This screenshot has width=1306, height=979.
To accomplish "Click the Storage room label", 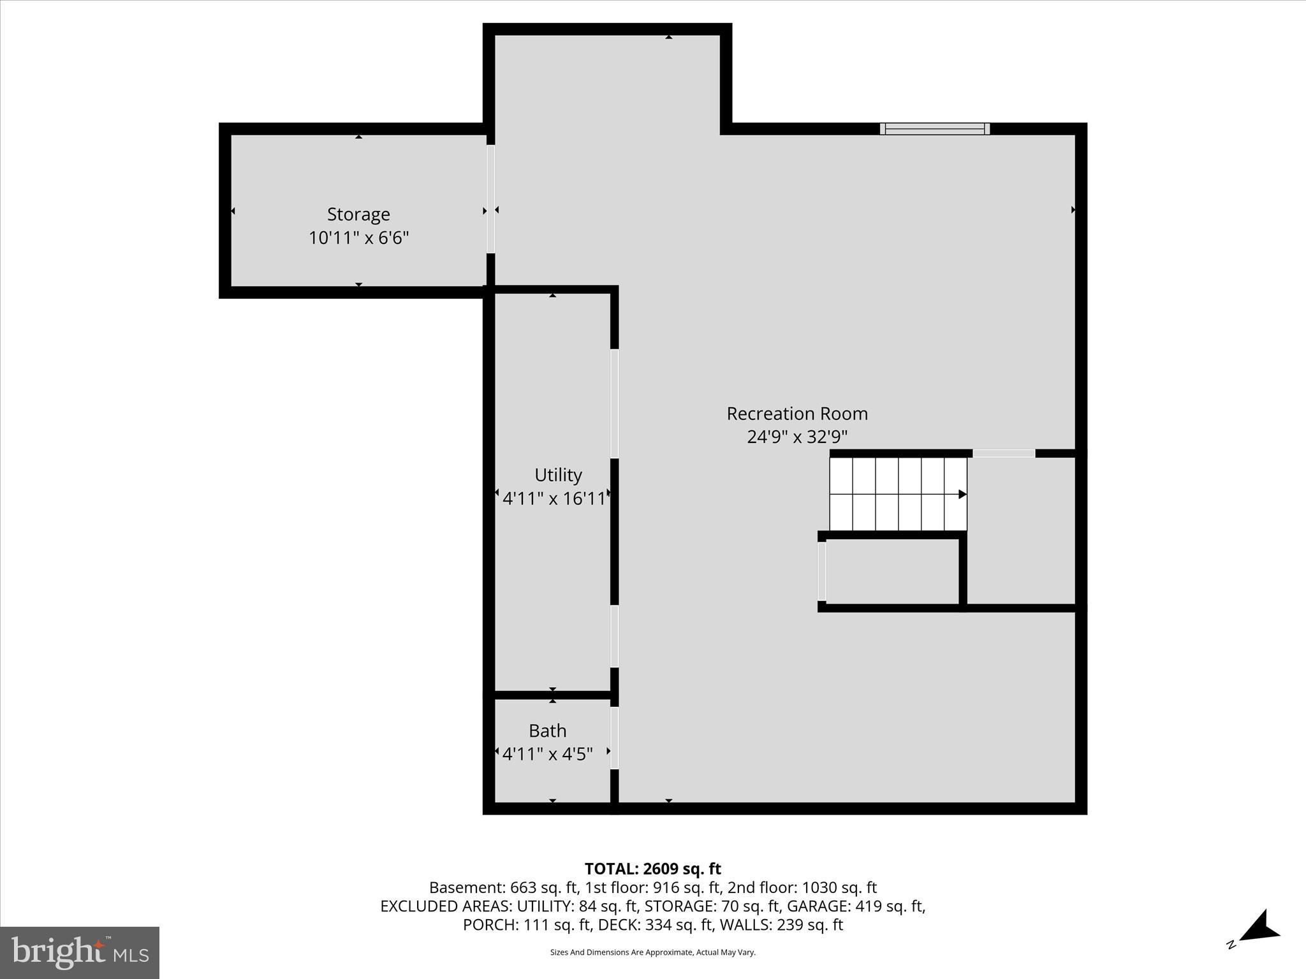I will click(358, 214).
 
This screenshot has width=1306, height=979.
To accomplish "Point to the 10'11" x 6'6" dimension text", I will click(358, 238).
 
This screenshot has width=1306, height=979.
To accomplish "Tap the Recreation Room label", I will click(797, 414).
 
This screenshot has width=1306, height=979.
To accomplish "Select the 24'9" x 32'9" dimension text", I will click(797, 437).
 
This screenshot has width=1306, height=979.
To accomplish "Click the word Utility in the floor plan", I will click(558, 475).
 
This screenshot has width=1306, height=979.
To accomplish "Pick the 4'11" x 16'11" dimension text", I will click(554, 498).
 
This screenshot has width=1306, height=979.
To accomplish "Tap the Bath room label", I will click(547, 730).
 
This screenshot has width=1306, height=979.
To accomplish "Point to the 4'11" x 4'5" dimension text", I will click(547, 754).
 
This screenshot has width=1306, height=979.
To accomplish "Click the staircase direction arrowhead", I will click(962, 494).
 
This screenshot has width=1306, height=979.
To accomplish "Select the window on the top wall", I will click(935, 129).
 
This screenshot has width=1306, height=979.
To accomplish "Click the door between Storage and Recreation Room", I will click(490, 199).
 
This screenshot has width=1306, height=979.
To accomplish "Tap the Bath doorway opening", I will click(614, 737).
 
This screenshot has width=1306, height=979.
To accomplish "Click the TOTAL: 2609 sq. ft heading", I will click(652, 869).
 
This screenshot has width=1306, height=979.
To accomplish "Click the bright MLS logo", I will click(80, 953).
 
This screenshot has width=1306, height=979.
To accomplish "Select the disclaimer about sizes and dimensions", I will click(652, 952).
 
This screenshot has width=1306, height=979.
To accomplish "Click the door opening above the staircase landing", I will click(1003, 453).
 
